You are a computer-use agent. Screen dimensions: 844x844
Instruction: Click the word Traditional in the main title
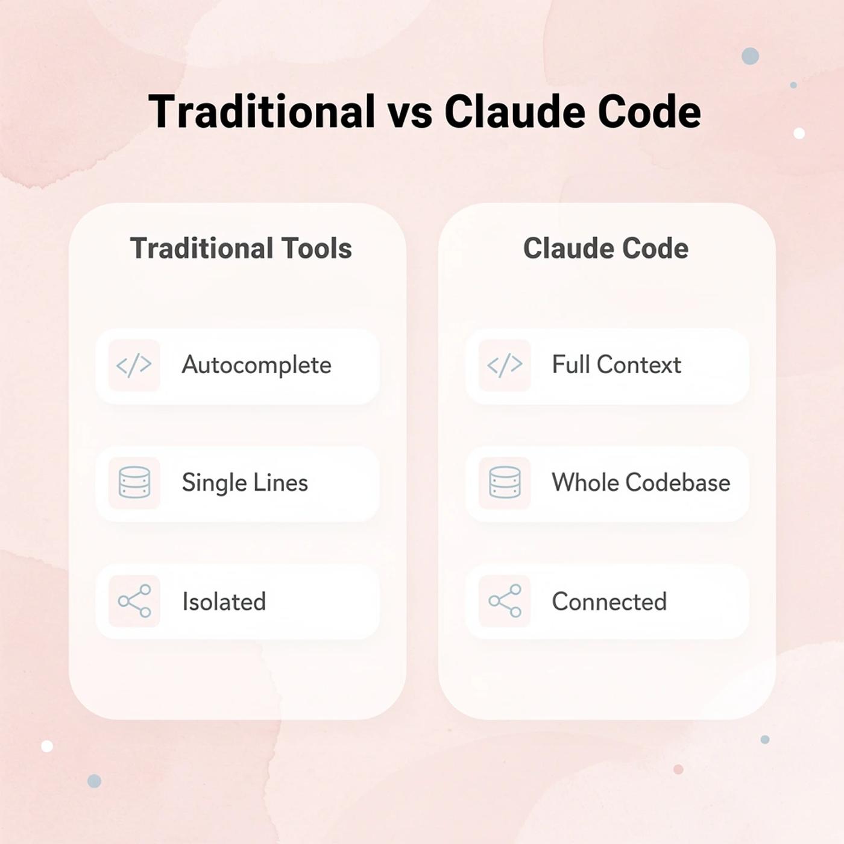262,112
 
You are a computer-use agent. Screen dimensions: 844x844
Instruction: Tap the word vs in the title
409,112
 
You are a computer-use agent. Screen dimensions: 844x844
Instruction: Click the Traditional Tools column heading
241,248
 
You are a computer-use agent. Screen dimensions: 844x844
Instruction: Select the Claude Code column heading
606,248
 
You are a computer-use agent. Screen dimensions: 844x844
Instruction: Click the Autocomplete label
257,365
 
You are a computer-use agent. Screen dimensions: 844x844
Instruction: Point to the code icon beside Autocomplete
134,365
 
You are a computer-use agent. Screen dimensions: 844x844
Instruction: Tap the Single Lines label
245,483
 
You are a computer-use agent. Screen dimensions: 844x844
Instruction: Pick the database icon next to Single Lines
134,483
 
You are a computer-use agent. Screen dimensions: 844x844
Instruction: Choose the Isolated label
224,602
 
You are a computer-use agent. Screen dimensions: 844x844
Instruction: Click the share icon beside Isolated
134,601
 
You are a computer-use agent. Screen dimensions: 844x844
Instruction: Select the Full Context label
617,365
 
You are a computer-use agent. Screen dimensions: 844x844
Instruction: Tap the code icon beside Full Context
505,365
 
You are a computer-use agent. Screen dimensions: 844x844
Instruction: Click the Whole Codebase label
641,483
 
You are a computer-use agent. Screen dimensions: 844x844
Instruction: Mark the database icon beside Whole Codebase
505,483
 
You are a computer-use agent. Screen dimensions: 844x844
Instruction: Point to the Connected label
609,602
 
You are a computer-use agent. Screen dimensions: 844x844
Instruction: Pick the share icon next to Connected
505,601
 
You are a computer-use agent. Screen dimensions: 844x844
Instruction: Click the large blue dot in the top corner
750,56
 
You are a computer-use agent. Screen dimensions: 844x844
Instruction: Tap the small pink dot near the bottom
678,769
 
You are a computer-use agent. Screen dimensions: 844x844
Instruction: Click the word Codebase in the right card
678,483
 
